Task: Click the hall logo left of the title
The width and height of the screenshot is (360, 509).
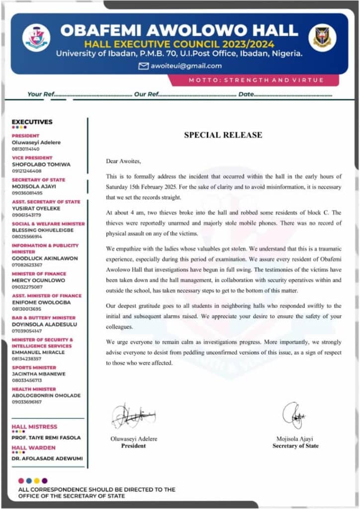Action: (36, 38)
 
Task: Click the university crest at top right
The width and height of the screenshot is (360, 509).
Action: (322, 38)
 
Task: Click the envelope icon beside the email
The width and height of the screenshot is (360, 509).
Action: (144, 66)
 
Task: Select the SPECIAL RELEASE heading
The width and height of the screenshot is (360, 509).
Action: (223, 135)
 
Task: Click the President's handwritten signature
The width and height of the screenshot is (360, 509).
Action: (133, 416)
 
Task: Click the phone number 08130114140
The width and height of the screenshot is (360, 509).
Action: (26, 149)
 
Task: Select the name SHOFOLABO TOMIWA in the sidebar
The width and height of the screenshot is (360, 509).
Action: (41, 164)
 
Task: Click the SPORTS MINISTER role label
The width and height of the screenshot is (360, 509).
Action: (34, 367)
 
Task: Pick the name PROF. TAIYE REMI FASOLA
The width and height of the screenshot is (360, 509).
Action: (46, 437)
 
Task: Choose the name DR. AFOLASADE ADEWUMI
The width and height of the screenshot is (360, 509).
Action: (47, 458)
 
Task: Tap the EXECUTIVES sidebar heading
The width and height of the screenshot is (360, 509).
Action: (32, 122)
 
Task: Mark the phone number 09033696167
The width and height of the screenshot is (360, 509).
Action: (27, 402)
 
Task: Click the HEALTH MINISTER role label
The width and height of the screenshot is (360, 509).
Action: (34, 389)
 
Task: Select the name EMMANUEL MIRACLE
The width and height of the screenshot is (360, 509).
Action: (38, 352)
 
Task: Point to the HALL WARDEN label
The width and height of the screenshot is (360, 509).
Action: (34, 448)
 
